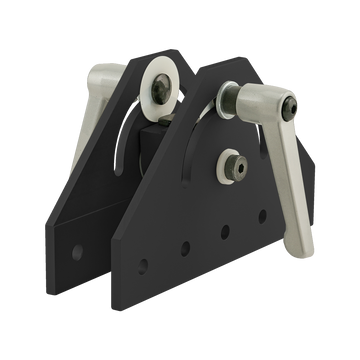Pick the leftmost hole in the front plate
point(144,265)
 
